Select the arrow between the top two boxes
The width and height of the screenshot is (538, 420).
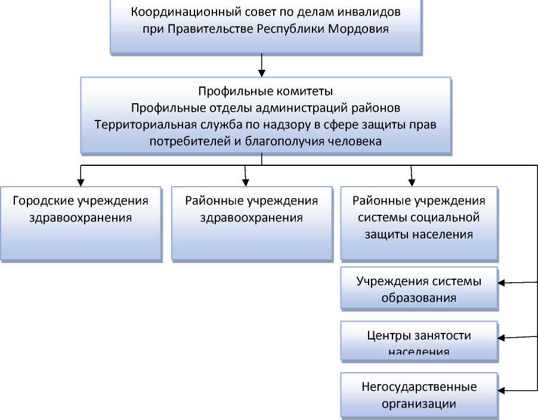262,64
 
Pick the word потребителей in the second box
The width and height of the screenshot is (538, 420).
183,141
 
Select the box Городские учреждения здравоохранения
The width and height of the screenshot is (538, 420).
81,224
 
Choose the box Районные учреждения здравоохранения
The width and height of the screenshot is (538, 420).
252,224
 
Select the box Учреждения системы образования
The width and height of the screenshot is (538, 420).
419,289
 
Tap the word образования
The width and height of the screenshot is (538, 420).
419,297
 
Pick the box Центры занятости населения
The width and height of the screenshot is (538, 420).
419,341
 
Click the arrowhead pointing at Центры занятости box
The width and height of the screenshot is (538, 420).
503,338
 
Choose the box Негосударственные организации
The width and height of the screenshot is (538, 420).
419,395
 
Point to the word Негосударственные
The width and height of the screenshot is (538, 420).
419,387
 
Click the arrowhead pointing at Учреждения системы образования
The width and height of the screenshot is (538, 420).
503,282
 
